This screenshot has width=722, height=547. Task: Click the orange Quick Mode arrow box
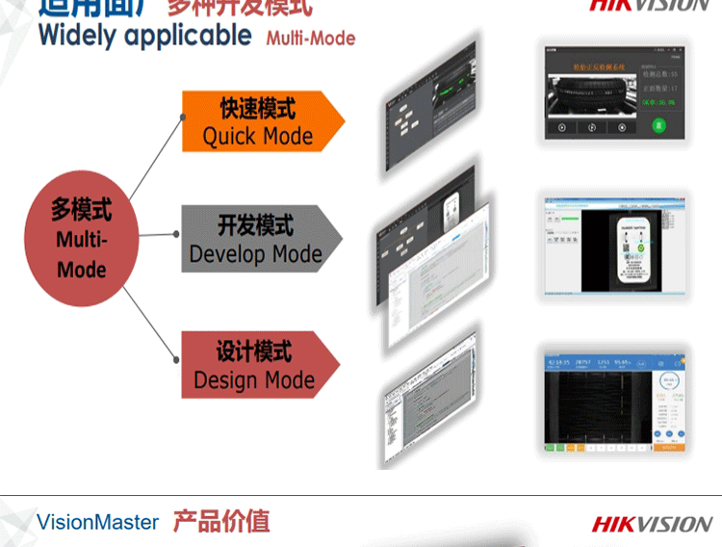[258, 120]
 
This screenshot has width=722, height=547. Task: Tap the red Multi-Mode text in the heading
[310, 39]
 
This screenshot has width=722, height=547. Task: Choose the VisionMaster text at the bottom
[97, 523]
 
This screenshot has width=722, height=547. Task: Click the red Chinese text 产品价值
[221, 522]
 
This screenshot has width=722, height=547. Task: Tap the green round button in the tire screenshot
[658, 125]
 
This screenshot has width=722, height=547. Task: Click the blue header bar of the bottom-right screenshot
[614, 363]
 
